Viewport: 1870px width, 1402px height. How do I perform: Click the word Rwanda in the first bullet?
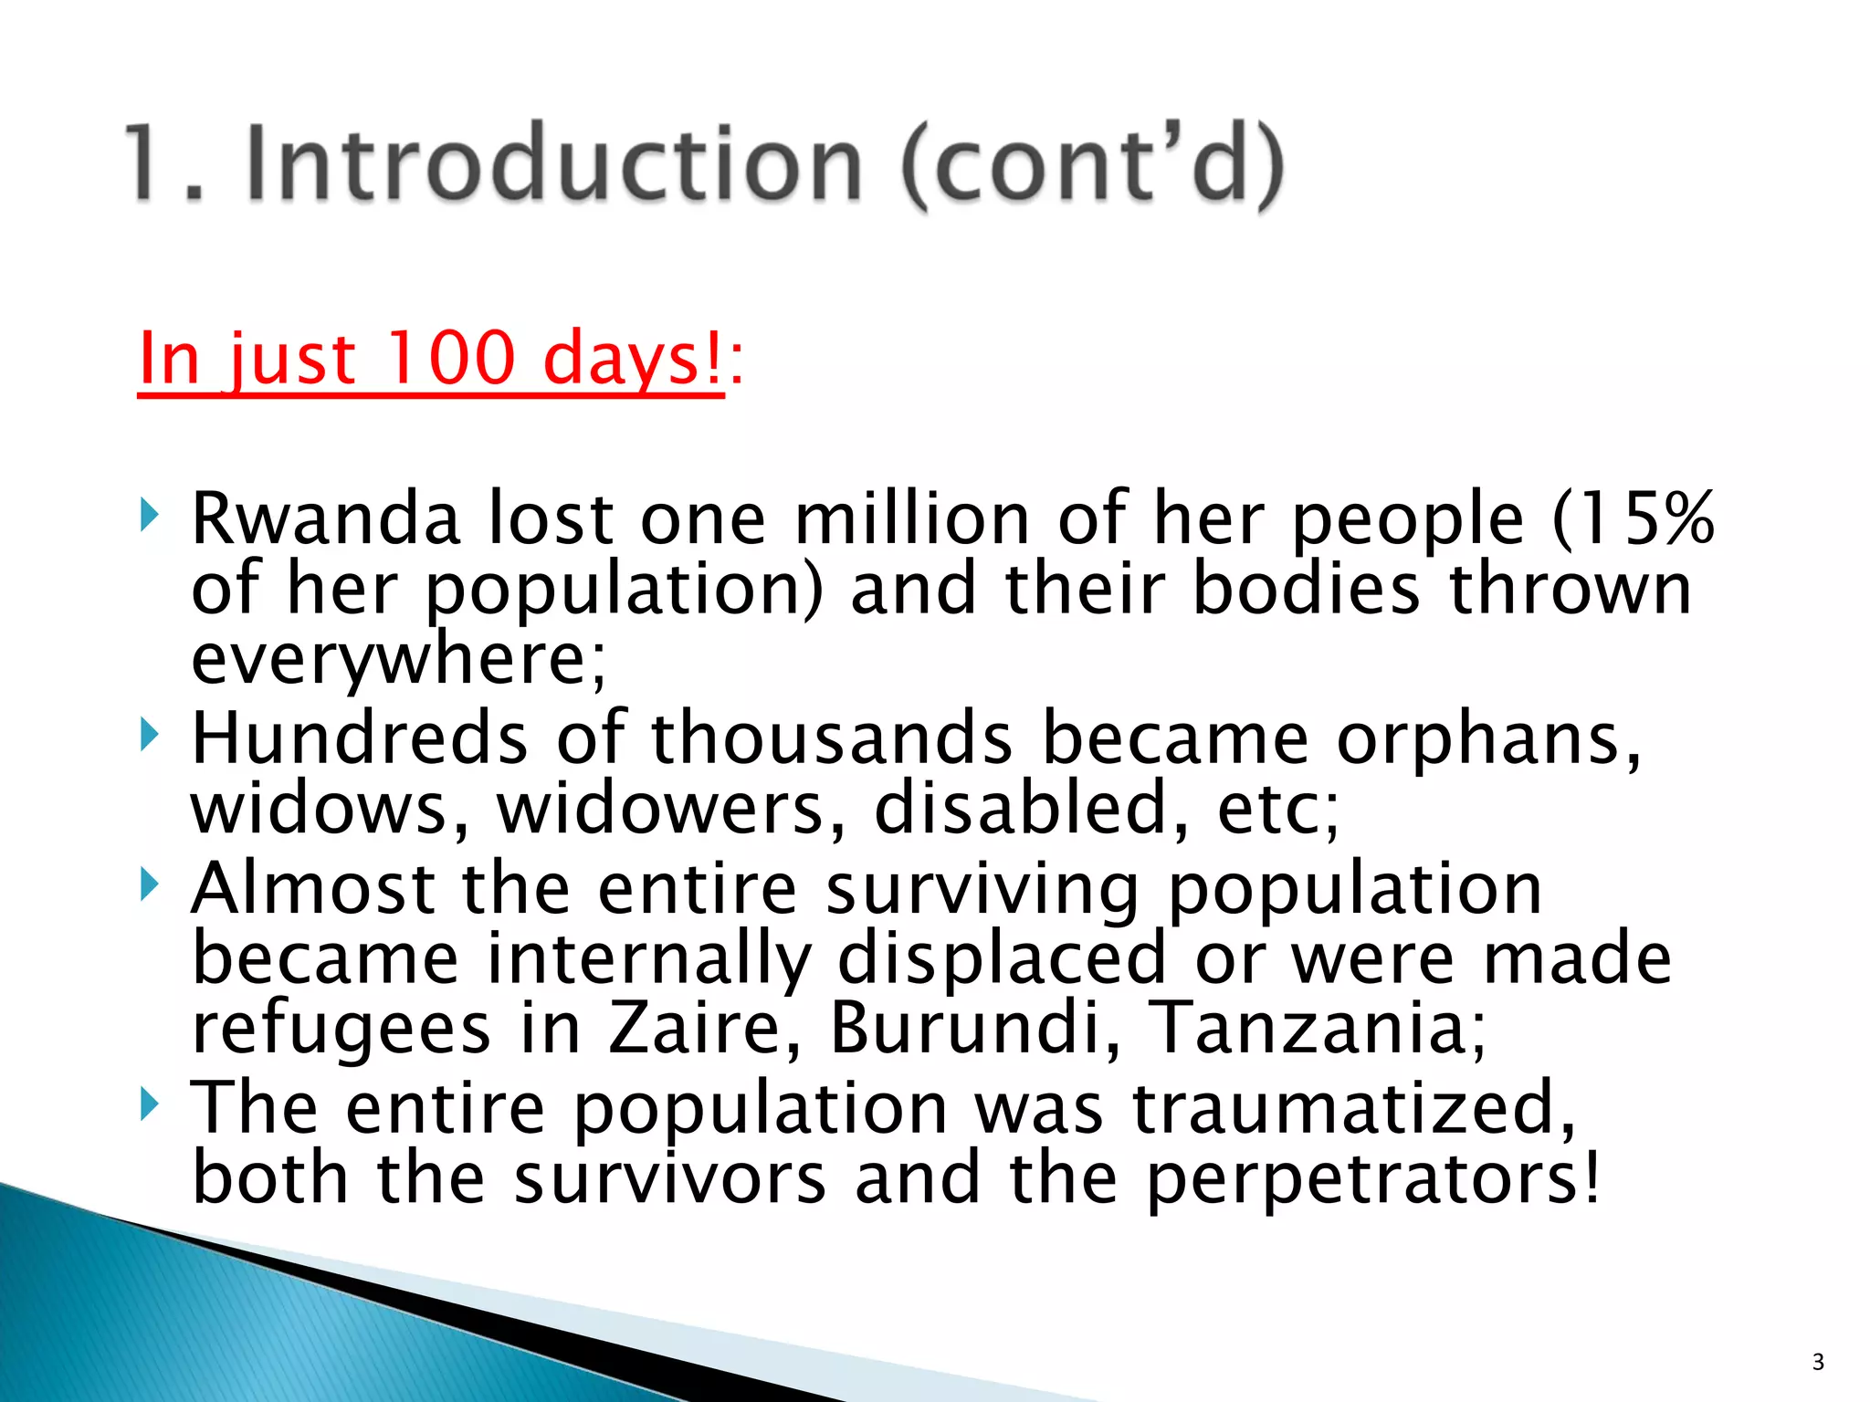(326, 518)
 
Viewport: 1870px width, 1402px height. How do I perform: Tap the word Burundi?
(966, 1029)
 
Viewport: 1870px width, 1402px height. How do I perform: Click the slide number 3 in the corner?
(1818, 1363)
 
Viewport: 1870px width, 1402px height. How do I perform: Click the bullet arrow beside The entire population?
(150, 1104)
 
